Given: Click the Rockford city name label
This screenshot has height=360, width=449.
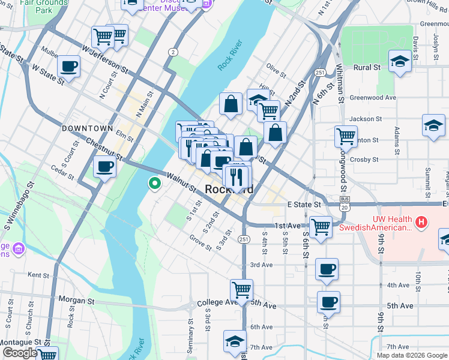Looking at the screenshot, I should (x=229, y=190).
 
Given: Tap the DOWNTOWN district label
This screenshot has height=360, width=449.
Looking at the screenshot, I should (x=87, y=128).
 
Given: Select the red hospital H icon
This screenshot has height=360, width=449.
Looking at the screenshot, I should (x=421, y=223).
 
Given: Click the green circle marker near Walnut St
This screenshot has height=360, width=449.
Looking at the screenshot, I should (x=154, y=184).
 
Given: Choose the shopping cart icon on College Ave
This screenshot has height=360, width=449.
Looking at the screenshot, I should (x=241, y=290).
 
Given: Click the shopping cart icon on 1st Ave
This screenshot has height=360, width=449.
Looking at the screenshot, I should (x=321, y=227).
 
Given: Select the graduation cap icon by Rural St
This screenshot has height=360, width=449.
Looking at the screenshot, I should (x=399, y=61).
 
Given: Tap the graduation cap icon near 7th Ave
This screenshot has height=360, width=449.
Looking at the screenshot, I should (x=235, y=341).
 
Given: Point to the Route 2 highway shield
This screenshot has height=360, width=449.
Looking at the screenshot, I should (x=173, y=53).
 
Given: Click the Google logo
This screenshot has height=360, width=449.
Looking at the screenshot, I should (x=19, y=353).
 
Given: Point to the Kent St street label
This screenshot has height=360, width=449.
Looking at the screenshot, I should (x=38, y=275).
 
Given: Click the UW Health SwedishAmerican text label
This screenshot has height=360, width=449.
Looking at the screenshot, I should (x=375, y=223).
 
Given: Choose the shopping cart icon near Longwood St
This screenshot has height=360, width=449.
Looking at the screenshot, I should (x=346, y=136).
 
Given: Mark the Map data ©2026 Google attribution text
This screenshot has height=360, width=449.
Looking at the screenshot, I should (x=412, y=355).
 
